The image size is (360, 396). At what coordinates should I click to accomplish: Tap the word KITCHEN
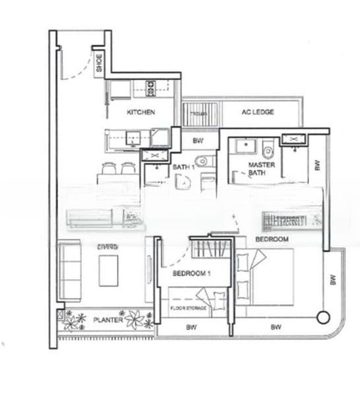(141, 112)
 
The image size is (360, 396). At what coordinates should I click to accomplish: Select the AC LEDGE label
(258, 112)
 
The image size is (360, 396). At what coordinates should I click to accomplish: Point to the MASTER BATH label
(258, 168)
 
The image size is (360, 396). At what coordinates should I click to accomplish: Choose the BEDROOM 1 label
(191, 273)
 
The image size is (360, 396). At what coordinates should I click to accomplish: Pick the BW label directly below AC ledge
(198, 141)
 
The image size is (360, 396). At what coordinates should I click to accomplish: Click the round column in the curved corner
(322, 317)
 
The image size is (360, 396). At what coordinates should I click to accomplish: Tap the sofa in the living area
(69, 270)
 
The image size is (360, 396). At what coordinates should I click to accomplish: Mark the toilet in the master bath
(268, 148)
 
